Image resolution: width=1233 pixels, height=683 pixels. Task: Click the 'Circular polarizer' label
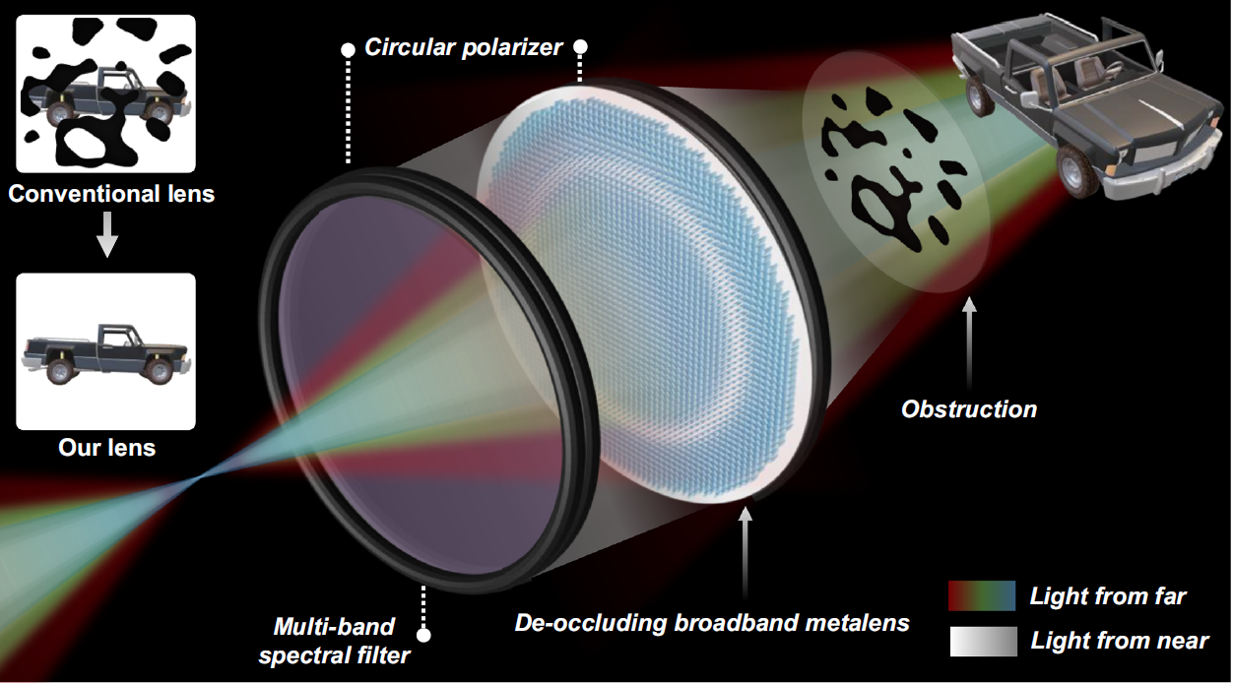click(464, 48)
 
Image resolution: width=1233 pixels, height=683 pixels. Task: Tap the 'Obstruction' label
click(969, 409)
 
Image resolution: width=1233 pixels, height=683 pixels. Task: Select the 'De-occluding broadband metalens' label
click(712, 623)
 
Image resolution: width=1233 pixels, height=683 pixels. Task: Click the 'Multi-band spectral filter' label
click(335, 641)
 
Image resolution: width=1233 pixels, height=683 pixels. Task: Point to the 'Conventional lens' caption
click(111, 194)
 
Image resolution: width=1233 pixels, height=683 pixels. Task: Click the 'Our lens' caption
click(106, 448)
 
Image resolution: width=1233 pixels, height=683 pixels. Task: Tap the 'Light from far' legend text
click(1108, 596)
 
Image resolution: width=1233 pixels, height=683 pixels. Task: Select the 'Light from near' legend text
click(1120, 641)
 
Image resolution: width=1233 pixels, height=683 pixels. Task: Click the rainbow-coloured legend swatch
click(982, 595)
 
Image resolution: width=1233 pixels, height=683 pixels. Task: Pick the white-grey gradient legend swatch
click(983, 642)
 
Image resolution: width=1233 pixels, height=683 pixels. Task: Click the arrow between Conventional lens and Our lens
click(107, 234)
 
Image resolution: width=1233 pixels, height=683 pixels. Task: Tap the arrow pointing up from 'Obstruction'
click(969, 343)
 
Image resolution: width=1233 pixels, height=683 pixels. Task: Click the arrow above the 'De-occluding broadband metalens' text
click(745, 553)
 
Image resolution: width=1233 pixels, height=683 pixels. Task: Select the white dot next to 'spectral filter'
click(423, 635)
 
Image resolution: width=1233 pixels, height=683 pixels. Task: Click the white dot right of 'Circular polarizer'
click(580, 47)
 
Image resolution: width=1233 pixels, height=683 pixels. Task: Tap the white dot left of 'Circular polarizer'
click(348, 50)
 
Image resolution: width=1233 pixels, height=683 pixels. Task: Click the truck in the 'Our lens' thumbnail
click(106, 353)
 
